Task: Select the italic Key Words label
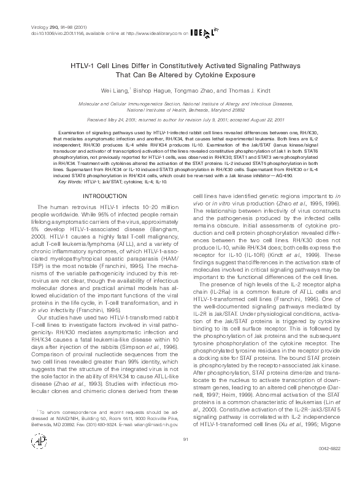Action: (71, 182)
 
